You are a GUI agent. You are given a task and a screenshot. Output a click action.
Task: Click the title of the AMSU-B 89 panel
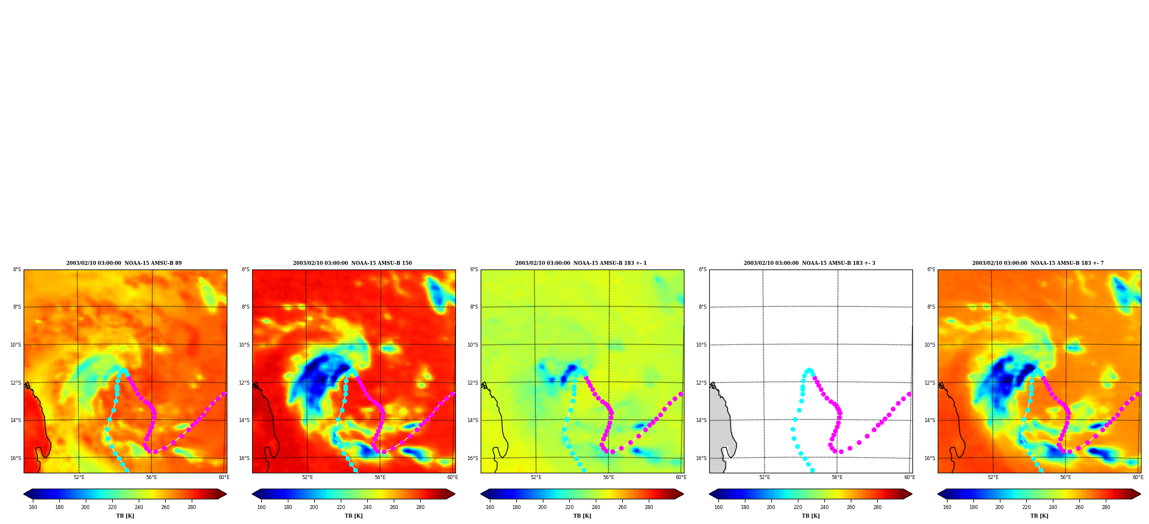pyautogui.click(x=124, y=263)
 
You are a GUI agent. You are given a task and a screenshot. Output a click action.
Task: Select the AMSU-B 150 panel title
pyautogui.click(x=352, y=263)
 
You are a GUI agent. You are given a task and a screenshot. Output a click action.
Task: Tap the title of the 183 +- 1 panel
pyautogui.click(x=581, y=263)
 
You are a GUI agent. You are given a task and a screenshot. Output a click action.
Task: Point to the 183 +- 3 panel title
pyautogui.click(x=809, y=263)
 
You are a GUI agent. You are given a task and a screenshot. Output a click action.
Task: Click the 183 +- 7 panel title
pyautogui.click(x=1038, y=263)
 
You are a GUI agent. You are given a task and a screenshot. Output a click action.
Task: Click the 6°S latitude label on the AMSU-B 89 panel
pyautogui.click(x=17, y=269)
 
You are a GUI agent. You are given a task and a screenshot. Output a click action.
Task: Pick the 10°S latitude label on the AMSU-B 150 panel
pyautogui.click(x=245, y=345)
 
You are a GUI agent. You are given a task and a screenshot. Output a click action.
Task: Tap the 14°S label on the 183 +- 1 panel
pyautogui.click(x=474, y=420)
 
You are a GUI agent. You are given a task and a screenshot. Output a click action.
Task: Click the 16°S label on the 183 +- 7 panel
pyautogui.click(x=931, y=458)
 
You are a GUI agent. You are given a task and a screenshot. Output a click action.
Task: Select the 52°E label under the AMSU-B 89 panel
pyautogui.click(x=79, y=477)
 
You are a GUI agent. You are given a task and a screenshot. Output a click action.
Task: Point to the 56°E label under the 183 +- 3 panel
pyautogui.click(x=837, y=477)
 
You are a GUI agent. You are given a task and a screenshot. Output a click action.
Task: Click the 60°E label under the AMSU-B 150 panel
pyautogui.click(x=452, y=477)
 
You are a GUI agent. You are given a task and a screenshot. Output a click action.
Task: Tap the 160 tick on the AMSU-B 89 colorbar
pyautogui.click(x=33, y=507)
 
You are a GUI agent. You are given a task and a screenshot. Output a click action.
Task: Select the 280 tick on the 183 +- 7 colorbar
pyautogui.click(x=1106, y=507)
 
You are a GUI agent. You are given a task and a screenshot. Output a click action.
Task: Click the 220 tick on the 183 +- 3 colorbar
pyautogui.click(x=798, y=507)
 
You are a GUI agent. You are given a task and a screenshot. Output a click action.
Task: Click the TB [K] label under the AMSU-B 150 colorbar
pyautogui.click(x=353, y=516)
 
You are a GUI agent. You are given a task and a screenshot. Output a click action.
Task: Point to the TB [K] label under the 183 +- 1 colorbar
pyautogui.click(x=582, y=516)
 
